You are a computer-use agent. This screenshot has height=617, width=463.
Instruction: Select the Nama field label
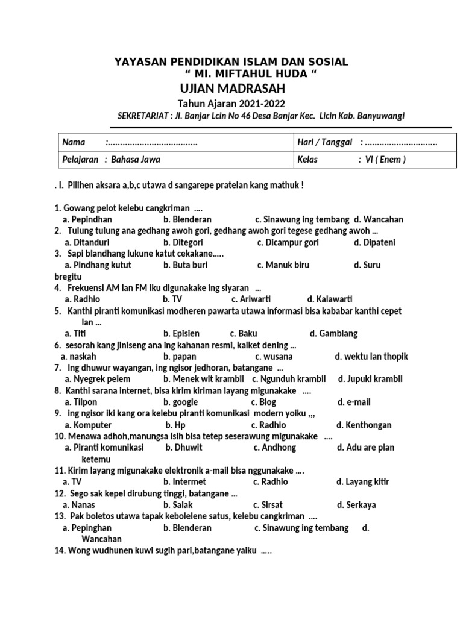(74, 142)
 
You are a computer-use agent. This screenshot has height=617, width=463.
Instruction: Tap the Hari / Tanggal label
(326, 142)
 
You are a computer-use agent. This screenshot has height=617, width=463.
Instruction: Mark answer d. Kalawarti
(330, 299)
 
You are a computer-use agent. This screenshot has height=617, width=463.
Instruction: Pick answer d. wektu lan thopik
(371, 356)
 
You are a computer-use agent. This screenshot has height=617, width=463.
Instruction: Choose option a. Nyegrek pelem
(94, 379)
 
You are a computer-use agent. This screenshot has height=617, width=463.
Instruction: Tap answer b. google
(180, 402)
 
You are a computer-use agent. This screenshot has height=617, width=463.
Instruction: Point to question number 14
(60, 551)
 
